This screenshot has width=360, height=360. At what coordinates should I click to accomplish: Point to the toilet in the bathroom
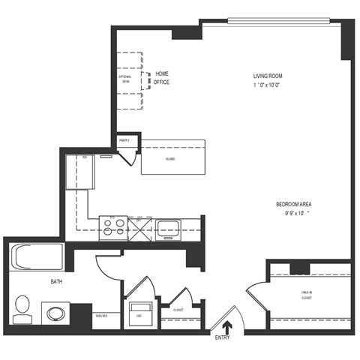point(22,307)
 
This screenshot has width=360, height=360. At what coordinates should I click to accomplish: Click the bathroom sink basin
point(55,312)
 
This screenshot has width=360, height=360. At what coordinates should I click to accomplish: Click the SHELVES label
point(102,316)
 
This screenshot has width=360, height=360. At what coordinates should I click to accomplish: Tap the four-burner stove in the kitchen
point(112,226)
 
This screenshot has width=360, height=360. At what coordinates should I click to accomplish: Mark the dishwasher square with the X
point(139,226)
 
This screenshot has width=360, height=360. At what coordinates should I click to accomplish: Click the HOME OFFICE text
point(161,77)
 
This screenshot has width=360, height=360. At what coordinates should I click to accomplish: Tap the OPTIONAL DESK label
point(125,79)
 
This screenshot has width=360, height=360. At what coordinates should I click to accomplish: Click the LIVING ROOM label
point(270,76)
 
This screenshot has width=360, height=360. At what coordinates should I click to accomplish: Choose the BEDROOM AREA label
point(293,204)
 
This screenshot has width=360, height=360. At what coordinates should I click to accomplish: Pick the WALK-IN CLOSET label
point(307,295)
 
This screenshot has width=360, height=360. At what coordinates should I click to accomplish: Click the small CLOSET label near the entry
point(178,309)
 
